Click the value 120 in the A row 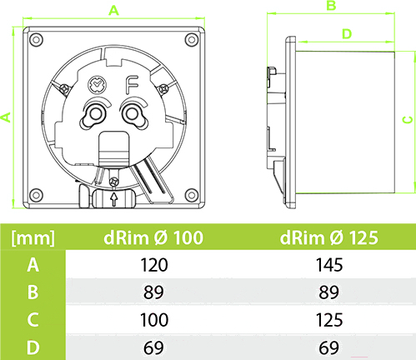coord(154,265)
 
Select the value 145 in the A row coord(329,265)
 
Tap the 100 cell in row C coord(154,320)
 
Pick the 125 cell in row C coord(329,320)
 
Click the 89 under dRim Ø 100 coord(153,292)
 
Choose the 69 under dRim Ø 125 coord(328,347)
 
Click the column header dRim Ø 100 coord(153,237)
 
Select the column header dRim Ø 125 coord(329,237)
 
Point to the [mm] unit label coord(33,238)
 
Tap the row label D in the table coord(33,347)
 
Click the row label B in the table coord(33,292)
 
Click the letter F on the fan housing coord(132,85)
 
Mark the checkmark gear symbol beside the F coord(97,85)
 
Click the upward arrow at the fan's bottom coord(113,199)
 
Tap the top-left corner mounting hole coord(36,39)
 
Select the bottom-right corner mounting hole coord(192,195)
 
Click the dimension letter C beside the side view coord(408,120)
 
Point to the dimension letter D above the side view coord(347,34)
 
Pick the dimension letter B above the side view coord(331,5)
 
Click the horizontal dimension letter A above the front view coord(113,11)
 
